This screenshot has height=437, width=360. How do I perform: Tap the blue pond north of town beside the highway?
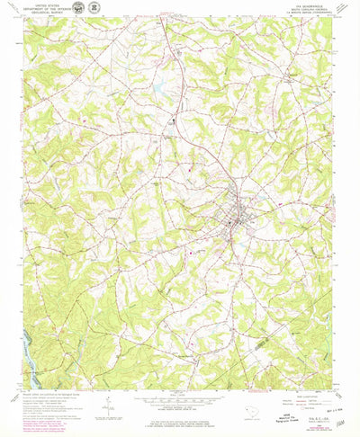(158, 90)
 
